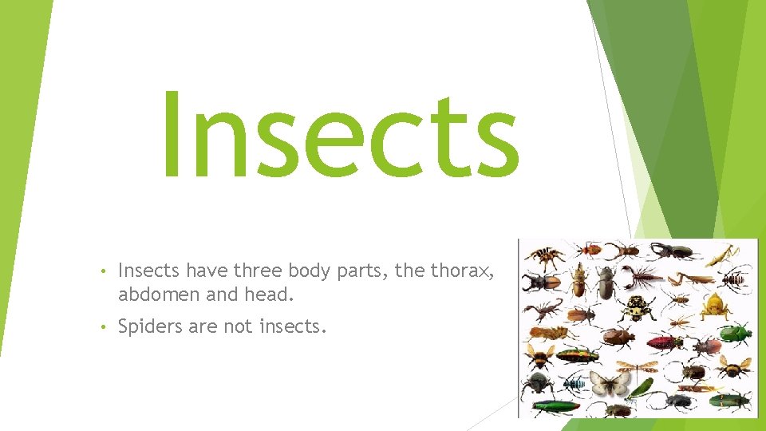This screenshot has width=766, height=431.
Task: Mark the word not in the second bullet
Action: click(239, 327)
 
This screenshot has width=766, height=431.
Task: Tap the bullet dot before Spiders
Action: click(105, 327)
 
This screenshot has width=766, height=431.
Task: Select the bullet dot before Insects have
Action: click(105, 272)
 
